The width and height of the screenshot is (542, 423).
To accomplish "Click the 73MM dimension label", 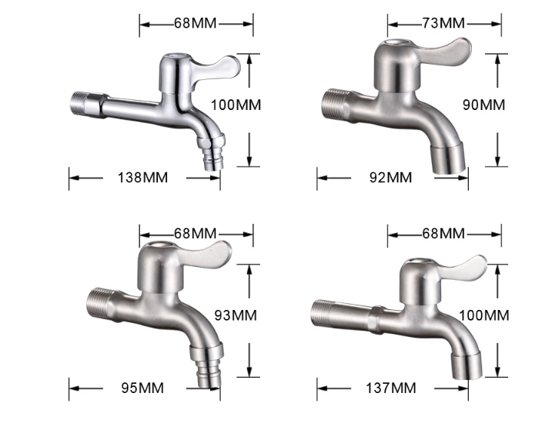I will (443, 22).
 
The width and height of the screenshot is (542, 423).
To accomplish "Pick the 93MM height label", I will (235, 315).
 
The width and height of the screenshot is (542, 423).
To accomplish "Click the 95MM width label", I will (142, 388).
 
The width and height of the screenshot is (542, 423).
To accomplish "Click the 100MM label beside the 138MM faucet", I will (236, 104).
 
